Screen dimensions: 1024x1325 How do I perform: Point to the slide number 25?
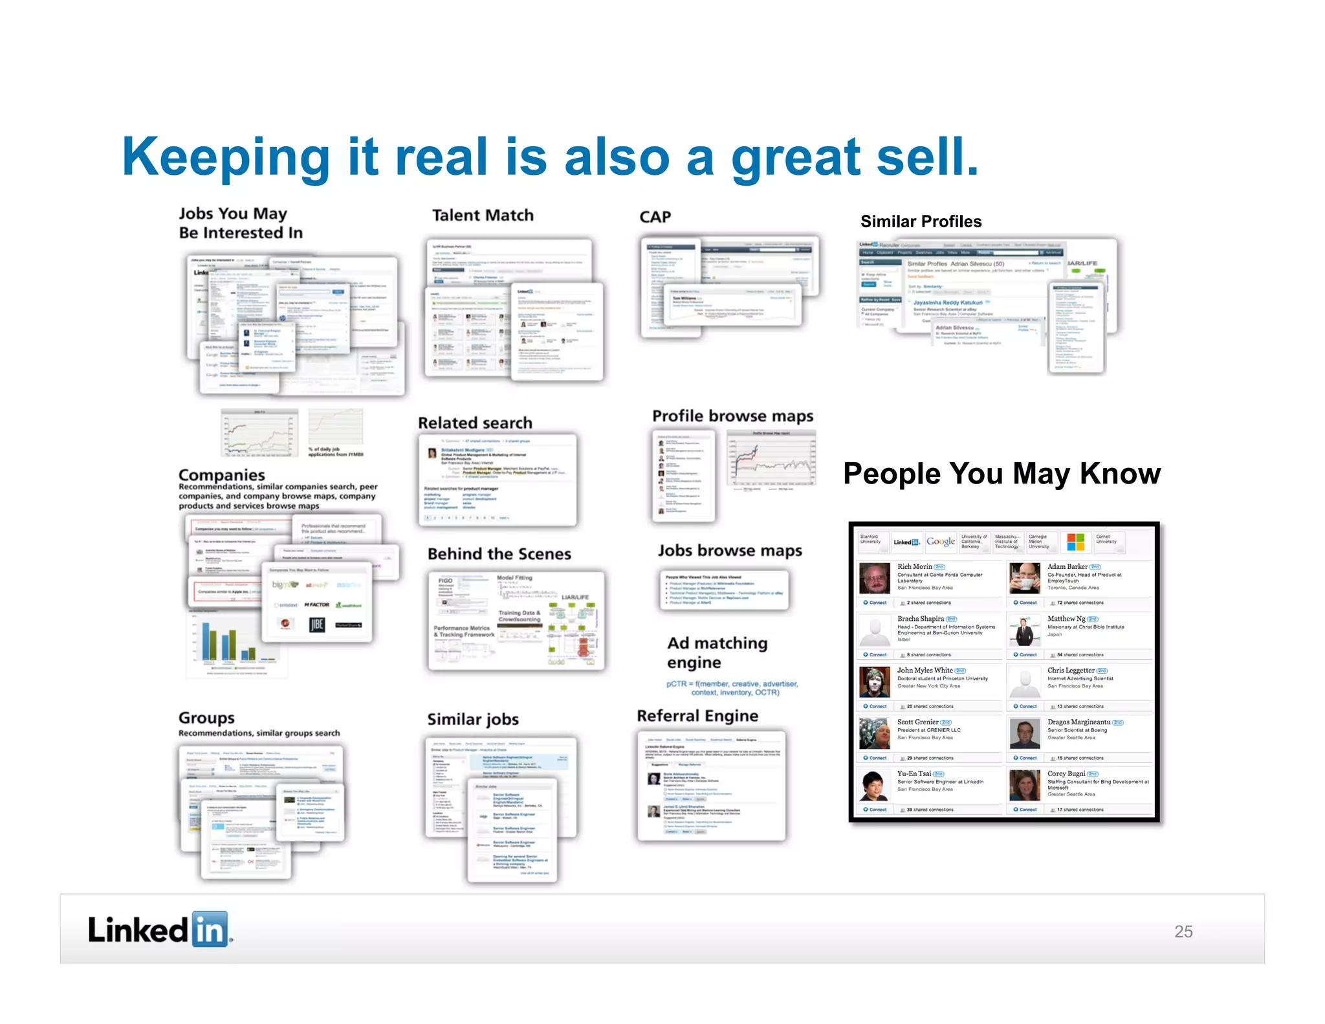click(x=1183, y=931)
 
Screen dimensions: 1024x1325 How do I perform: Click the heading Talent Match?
click(x=483, y=216)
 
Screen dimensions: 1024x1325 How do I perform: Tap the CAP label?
click(x=655, y=217)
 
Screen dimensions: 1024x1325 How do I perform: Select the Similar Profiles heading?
click(x=921, y=221)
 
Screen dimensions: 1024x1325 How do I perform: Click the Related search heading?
click(x=475, y=423)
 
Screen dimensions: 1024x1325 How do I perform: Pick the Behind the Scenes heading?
click(x=499, y=554)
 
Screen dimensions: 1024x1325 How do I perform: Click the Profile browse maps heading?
click(x=732, y=416)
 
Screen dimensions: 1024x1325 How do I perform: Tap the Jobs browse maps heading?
click(x=730, y=551)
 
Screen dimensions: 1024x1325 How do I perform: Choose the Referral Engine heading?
click(x=697, y=716)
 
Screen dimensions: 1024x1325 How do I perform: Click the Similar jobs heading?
click(x=472, y=719)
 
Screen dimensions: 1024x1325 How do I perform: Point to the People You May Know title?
click(x=1002, y=474)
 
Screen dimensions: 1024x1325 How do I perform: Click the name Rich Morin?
click(x=914, y=567)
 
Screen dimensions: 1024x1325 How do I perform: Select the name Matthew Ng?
click(x=1066, y=619)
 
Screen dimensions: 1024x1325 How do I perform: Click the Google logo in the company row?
click(x=941, y=542)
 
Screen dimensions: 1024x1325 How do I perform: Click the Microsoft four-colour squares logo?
click(x=1075, y=542)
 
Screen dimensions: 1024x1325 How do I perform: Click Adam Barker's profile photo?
click(x=1025, y=578)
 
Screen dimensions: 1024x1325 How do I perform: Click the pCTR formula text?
click(x=732, y=688)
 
